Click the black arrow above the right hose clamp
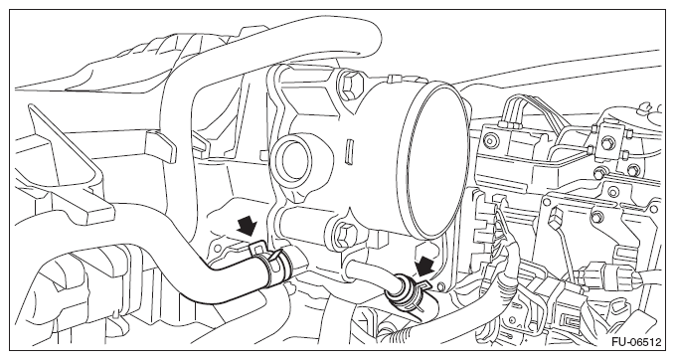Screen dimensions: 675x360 pyautogui.click(x=424, y=266)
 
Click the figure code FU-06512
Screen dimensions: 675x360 pyautogui.click(x=635, y=342)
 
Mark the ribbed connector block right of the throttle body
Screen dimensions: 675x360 pyautogui.click(x=485, y=224)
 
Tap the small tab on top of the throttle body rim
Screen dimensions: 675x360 pyautogui.click(x=392, y=79)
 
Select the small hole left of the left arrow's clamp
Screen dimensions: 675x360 pyautogui.click(x=218, y=248)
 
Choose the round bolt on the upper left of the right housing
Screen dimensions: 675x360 pyautogui.click(x=488, y=139)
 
